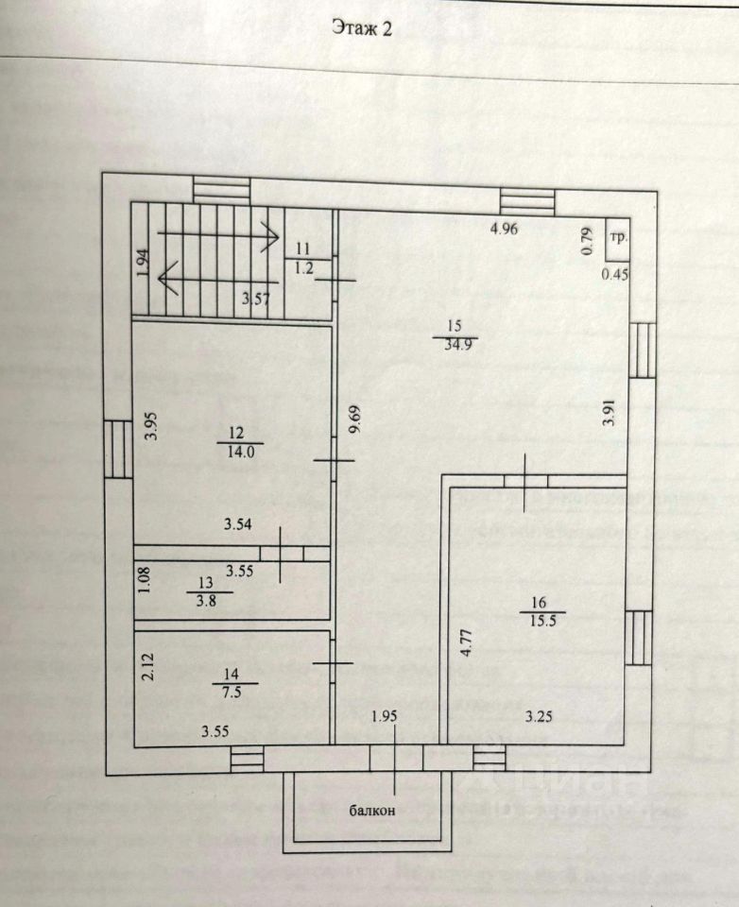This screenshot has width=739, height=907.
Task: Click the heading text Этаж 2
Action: click(361, 29)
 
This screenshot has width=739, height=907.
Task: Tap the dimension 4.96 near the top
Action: click(505, 228)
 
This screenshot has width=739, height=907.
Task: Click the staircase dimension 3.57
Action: click(256, 299)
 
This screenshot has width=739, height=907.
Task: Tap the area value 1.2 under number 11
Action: click(304, 266)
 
